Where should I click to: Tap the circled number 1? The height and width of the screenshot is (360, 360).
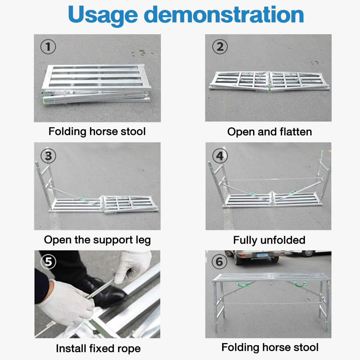coord(48,47)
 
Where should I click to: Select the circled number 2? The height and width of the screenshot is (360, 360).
coord(220,47)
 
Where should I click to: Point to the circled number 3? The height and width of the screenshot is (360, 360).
coord(48,155)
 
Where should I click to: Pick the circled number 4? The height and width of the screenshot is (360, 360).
coord(220,155)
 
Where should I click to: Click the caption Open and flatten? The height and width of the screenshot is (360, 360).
coord(269,132)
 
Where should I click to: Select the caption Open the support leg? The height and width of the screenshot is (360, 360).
coord(97,240)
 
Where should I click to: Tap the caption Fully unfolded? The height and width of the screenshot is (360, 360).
coord(269,240)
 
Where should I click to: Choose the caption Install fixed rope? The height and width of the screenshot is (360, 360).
coord(98,348)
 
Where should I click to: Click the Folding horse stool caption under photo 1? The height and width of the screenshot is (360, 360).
coord(97,131)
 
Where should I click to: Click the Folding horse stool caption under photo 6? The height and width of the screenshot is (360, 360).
coord(270,347)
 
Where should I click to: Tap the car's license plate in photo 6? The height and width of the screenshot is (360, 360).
coord(262,255)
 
